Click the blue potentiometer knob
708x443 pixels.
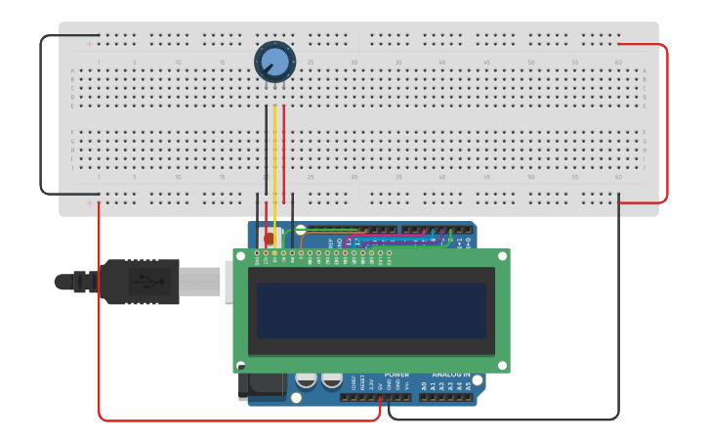coord(274,61)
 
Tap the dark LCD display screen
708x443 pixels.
coord(371,311)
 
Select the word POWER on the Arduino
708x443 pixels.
coord(396,375)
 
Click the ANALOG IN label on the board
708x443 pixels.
coord(451,375)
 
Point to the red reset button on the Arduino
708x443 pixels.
coord(270,238)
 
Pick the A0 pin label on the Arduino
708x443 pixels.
coord(424,386)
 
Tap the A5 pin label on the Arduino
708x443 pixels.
coord(468,386)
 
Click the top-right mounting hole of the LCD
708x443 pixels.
coord(503,255)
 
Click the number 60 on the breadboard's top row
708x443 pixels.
coord(618,63)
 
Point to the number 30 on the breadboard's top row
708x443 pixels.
coord(354,63)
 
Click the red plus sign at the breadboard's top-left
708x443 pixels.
coord(90,43)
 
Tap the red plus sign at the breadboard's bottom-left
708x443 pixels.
coord(90,204)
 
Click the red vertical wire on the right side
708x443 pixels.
coord(668,122)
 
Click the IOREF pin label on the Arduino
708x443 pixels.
coord(353,383)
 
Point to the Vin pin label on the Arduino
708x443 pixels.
coord(406,385)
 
